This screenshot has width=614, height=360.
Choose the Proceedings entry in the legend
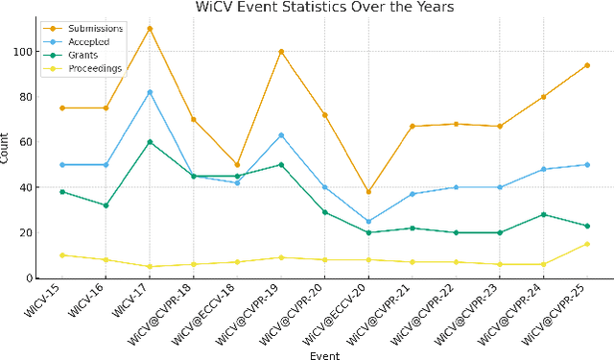(94, 69)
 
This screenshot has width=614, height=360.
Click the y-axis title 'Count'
(7, 153)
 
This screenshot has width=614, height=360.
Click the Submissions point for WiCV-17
(150, 29)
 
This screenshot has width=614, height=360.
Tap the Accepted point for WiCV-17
(150, 92)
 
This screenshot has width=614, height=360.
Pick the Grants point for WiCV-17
(150, 142)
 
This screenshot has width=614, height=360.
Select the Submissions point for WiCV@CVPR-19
(281, 51)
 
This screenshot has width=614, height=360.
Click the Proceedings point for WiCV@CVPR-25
(587, 244)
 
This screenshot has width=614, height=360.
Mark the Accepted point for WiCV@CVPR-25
(587, 165)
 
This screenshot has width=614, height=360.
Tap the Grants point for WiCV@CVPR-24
(543, 215)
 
